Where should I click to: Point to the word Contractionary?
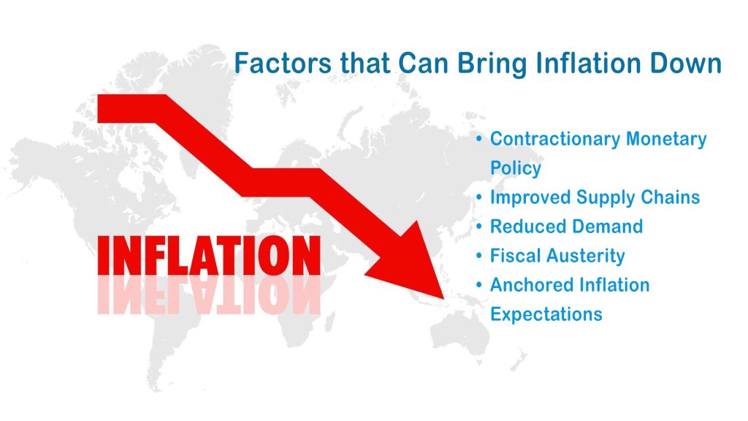coord(555,140)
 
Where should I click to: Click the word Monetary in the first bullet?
coord(666,139)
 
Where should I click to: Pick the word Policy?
coord(516,168)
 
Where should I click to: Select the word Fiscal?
coord(516,256)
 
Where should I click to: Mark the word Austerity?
coord(586,257)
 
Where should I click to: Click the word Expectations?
coord(546,314)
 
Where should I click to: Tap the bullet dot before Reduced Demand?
coord(479,227)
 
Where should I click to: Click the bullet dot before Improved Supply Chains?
coord(479,197)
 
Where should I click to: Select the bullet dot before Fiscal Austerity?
coord(479,256)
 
